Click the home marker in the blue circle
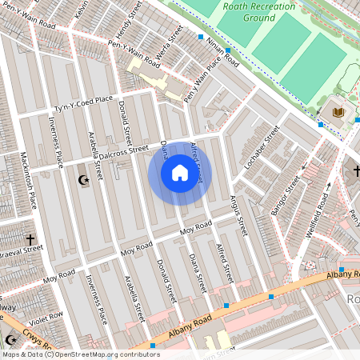coord(179,173)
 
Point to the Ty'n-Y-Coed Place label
coord(83,104)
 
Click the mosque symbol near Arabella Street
coord(83,181)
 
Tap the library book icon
coord(338,111)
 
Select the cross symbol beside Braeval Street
coord(30,238)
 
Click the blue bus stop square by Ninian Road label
coord(201,37)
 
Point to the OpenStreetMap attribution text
coord(80,354)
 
